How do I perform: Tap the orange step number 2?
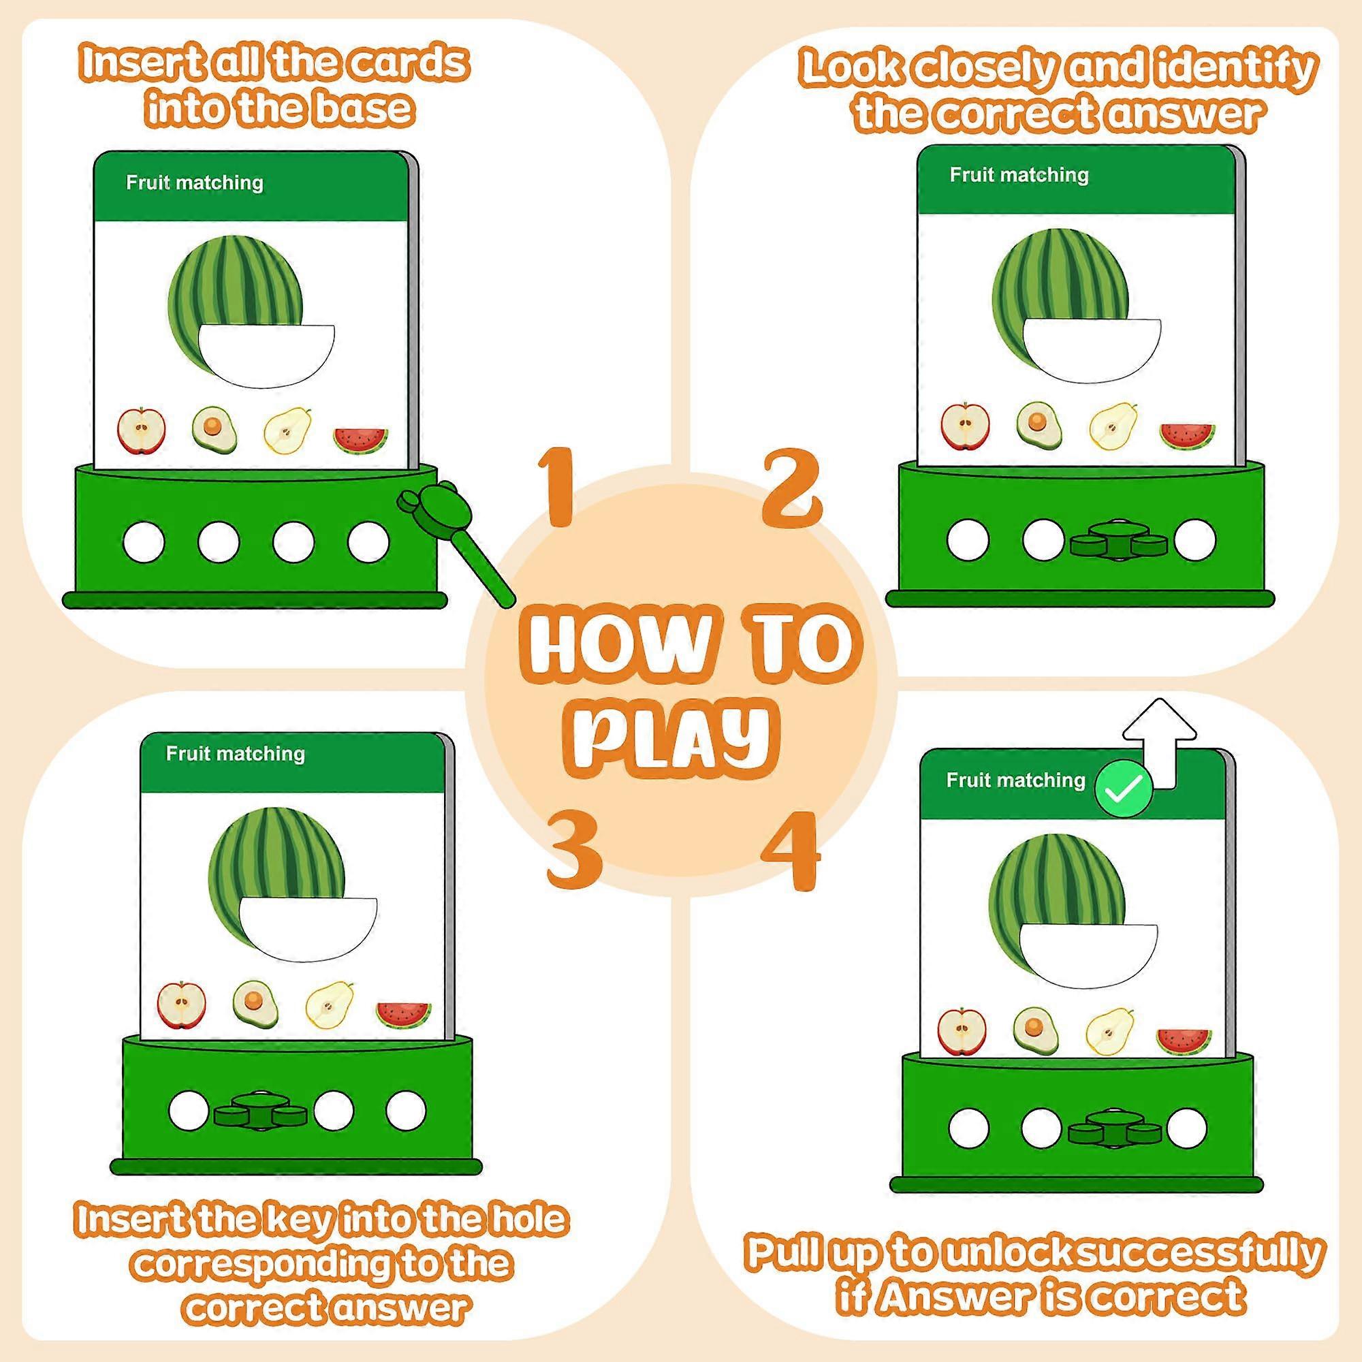click(x=793, y=488)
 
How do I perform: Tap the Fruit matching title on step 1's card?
click(x=195, y=183)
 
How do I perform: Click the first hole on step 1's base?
click(x=144, y=542)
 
